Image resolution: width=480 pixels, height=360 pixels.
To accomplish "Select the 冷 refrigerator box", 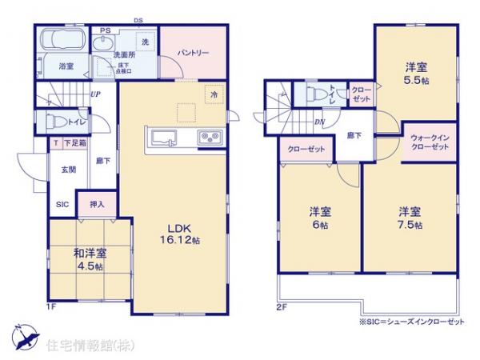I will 214,93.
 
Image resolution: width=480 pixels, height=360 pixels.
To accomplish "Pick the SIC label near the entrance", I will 62,204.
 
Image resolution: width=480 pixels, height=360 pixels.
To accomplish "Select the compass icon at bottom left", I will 24,338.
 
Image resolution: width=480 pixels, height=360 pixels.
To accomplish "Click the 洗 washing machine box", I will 145,41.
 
